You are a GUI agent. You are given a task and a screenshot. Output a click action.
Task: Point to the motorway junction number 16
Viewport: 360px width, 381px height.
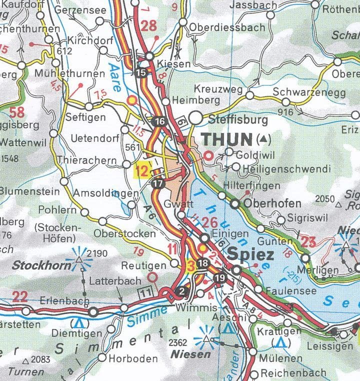(x=159, y=121)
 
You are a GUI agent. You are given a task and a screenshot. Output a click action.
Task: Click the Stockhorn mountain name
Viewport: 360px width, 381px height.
(x=41, y=265)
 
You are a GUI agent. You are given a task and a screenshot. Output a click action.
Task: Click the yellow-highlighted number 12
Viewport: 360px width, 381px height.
(x=142, y=170)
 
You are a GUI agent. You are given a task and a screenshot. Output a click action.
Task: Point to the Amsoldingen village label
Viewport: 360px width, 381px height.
(x=105, y=193)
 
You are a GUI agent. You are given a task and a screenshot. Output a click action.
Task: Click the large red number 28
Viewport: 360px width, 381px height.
(x=148, y=26)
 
